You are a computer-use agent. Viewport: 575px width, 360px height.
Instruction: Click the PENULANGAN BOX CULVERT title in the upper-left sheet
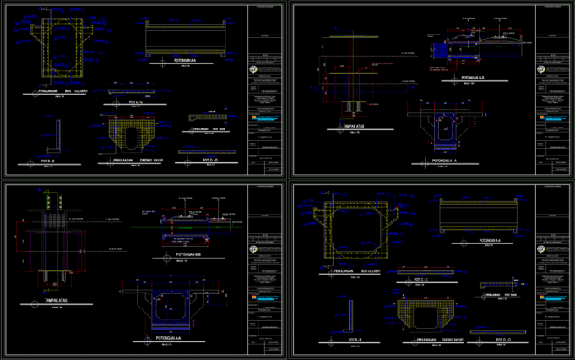tap(63, 92)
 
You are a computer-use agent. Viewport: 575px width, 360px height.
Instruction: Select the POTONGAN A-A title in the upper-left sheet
tap(185, 61)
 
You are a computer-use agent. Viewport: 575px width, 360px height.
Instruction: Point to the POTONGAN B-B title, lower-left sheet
tap(187, 254)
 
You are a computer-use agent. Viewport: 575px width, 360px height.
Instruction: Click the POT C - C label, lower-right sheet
tap(420, 278)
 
